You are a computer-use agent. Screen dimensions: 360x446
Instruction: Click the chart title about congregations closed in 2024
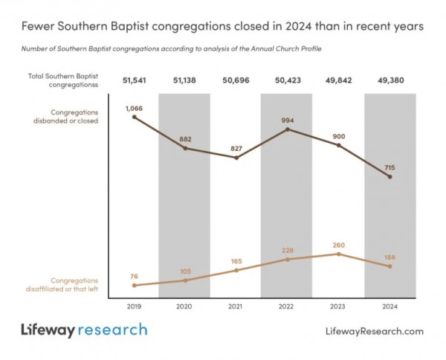222,26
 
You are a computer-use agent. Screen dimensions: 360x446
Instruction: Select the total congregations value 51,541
135,80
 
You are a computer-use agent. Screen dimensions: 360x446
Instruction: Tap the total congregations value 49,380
389,80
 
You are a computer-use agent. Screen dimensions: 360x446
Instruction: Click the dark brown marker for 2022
288,129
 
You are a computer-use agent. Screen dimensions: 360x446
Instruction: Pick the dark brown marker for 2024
390,177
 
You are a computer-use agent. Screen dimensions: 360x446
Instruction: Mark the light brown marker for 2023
338,254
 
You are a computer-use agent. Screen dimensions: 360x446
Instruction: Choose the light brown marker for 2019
135,285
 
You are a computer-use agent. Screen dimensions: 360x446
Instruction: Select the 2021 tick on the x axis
236,305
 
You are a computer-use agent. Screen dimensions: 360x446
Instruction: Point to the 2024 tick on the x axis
390,305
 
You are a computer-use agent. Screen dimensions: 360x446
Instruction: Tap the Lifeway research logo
83,330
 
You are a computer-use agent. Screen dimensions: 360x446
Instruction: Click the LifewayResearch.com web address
375,331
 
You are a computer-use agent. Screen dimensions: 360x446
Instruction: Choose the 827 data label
236,148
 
